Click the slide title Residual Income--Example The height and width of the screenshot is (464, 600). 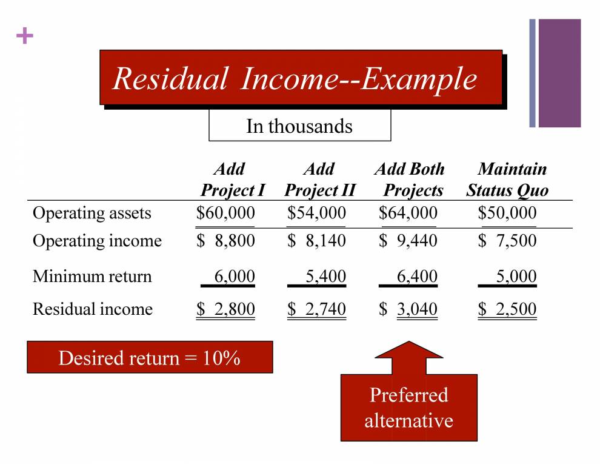point(295,79)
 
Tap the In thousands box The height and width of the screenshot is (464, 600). point(299,126)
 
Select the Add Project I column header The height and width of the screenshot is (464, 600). point(232,180)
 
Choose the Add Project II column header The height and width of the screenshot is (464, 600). point(319,180)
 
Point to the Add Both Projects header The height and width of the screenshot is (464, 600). point(410,180)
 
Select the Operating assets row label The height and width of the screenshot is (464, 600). point(92,213)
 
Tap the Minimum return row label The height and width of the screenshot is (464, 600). point(92,277)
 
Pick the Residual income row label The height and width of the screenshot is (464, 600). point(93,309)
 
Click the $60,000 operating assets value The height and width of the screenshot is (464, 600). point(225,213)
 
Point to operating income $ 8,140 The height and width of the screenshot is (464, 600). point(316,241)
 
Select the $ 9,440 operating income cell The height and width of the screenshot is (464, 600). point(408,241)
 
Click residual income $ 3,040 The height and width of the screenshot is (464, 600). point(408,309)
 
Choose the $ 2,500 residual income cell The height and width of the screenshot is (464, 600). point(507,309)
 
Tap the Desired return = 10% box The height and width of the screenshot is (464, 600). point(150,357)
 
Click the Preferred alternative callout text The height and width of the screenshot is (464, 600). point(408,408)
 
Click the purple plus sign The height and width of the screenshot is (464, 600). point(24,37)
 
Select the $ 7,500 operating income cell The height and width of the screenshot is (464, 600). point(507,241)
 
